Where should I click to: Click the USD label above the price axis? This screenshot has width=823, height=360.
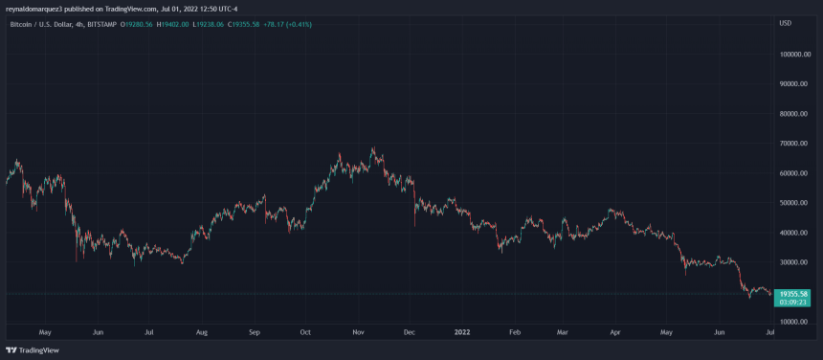pos(786,23)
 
